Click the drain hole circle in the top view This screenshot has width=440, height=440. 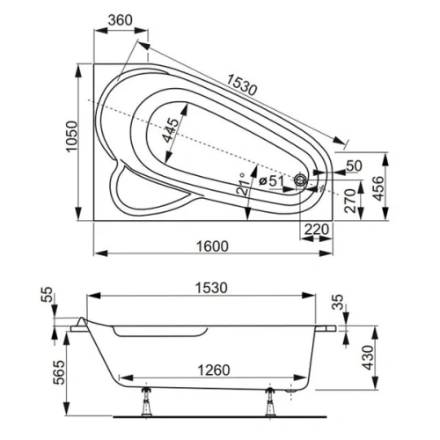pos(302,181)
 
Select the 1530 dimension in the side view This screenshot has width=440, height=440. pos(210,288)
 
